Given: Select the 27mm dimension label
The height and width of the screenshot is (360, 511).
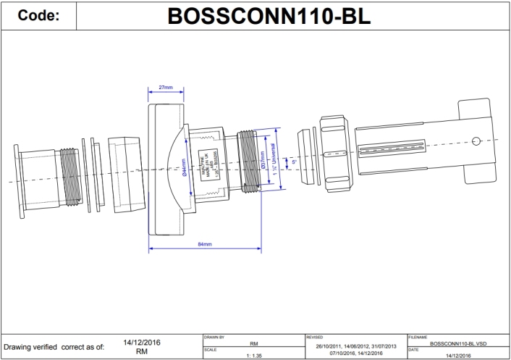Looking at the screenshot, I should (166, 88).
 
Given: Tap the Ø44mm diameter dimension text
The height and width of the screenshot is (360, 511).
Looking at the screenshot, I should (185, 169).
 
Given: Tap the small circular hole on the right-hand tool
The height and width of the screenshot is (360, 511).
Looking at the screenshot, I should (476, 140).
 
